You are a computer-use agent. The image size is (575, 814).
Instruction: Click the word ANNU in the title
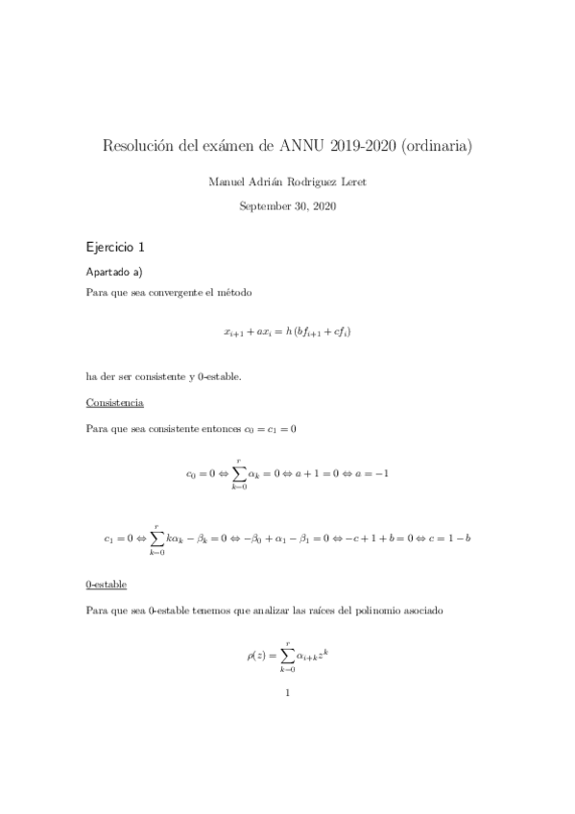[303, 147]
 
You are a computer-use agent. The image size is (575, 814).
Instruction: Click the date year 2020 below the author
[323, 205]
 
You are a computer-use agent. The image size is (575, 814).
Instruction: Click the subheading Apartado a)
[114, 272]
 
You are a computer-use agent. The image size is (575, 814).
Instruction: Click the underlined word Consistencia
[115, 402]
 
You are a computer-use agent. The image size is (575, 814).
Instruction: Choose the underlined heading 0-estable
[107, 584]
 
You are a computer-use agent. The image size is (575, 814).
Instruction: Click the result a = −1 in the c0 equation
[370, 473]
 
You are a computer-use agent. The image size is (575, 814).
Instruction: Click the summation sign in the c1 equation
[156, 539]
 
